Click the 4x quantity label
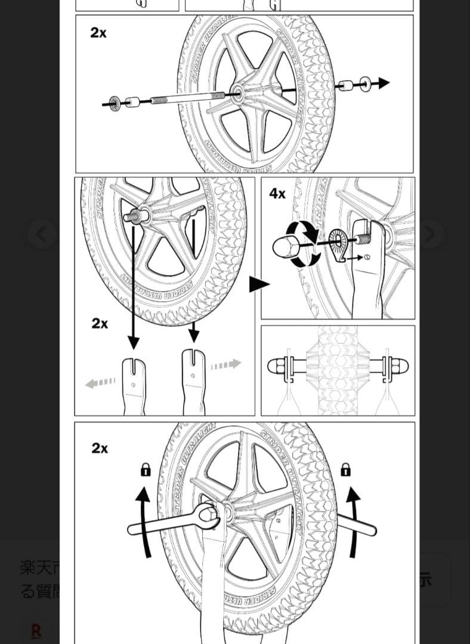277,193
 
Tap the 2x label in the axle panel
98,33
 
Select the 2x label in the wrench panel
100,448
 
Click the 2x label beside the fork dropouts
100,323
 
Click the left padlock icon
145,470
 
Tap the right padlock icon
345,470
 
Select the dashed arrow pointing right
226,364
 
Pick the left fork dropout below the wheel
134,385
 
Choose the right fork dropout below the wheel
193,380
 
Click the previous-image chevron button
41,234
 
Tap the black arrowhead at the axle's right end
384,83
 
